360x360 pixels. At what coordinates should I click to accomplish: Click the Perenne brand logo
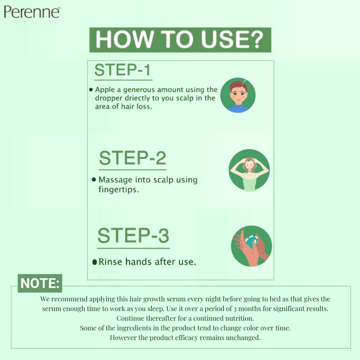coord(32,12)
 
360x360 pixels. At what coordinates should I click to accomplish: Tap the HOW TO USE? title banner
coord(180,40)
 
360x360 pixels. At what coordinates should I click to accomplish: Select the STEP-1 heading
coord(122,70)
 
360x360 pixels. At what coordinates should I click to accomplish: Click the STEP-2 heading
coord(132,158)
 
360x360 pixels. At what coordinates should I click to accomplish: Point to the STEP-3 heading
coord(133,235)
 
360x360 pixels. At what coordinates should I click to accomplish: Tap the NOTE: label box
coord(40,283)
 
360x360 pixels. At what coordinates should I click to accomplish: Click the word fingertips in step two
coord(119,189)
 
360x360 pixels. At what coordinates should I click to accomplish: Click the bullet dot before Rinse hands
coord(94,262)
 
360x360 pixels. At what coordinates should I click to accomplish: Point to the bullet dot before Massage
coord(94,179)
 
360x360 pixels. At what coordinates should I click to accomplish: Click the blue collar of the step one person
coord(238,108)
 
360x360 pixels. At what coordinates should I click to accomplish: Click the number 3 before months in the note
coord(235,309)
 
